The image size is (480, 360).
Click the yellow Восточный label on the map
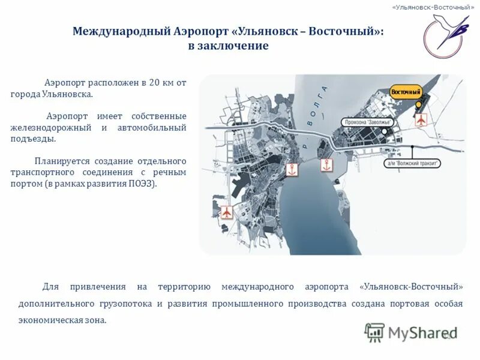406,91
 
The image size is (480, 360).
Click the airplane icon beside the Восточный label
421,119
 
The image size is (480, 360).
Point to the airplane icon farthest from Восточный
227,212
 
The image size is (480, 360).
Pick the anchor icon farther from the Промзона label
292,170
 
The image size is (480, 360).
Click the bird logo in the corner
445,33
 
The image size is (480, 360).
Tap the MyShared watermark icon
375,332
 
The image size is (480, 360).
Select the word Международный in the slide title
117,31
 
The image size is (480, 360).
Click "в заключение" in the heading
228,47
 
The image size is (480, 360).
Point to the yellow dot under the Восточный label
418,104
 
